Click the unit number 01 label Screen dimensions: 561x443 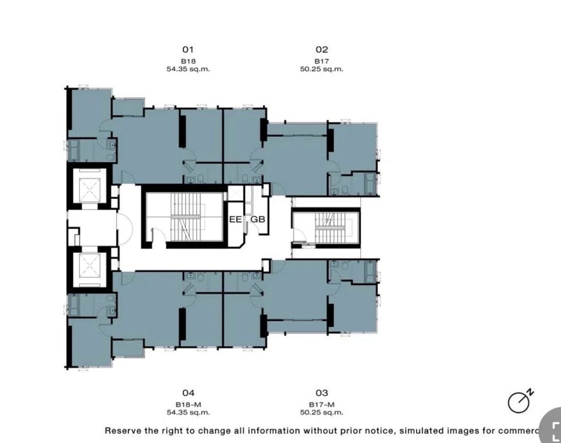[x=188, y=49]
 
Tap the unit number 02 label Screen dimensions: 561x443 [x=322, y=49]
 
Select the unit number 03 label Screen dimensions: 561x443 [x=322, y=393]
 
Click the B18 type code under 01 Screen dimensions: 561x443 [x=188, y=61]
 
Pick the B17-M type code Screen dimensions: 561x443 [x=322, y=405]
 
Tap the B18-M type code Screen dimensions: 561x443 [x=188, y=405]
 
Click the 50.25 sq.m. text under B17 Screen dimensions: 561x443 [x=322, y=69]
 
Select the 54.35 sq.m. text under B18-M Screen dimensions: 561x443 [x=188, y=413]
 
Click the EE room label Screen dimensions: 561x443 [x=236, y=219]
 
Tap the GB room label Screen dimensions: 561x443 [x=258, y=219]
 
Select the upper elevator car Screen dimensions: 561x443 [x=89, y=186]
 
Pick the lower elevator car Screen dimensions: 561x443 [x=89, y=270]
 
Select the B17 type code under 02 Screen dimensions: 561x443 [x=322, y=61]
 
